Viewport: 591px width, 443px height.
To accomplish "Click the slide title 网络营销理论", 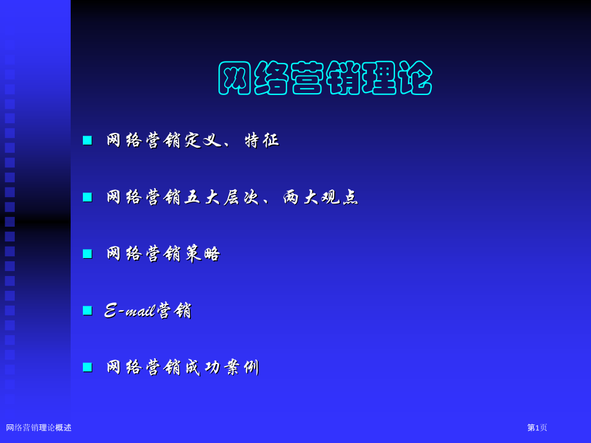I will coord(325,78).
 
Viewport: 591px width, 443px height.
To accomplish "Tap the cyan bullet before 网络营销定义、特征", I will coord(87,140).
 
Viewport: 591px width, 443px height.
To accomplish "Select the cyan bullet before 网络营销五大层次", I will coord(87,197).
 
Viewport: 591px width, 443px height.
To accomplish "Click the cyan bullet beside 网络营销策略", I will coord(87,254).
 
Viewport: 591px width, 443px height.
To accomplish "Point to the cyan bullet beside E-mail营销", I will coord(87,310).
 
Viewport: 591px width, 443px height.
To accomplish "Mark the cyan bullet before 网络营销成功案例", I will coord(87,367).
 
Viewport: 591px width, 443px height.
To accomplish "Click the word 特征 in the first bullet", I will coord(262,140).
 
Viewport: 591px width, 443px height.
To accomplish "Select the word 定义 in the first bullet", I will coord(203,140).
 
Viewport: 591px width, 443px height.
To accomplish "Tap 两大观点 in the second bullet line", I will coord(321,197).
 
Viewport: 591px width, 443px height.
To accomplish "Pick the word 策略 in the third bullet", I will coord(203,254).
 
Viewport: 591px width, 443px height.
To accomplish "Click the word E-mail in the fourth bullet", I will coord(129,311).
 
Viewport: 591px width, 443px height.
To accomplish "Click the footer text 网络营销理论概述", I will coord(39,428).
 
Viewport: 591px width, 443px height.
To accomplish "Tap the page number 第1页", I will coord(537,428).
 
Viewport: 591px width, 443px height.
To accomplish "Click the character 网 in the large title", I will coord(234,78).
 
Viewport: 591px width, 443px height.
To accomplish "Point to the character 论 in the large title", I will coord(416,78).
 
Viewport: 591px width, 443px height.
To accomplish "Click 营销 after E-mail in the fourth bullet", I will coord(174,311).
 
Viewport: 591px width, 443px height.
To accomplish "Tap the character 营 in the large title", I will coord(306,78).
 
